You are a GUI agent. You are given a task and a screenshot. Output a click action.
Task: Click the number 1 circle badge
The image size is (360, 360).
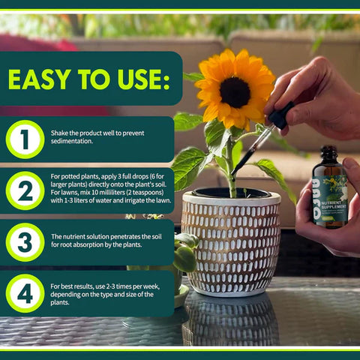coord(25,139)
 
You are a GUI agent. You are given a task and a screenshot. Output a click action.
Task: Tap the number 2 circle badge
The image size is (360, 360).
coord(25,190)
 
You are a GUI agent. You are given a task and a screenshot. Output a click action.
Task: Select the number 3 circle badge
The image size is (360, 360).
coord(25,241)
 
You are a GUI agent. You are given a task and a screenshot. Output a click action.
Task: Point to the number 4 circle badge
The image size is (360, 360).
coord(25,293)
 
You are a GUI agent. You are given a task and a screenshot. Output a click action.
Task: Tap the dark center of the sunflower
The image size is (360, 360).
coord(234,91)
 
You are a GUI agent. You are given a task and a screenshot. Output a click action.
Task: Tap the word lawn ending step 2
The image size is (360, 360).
coord(163,200)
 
